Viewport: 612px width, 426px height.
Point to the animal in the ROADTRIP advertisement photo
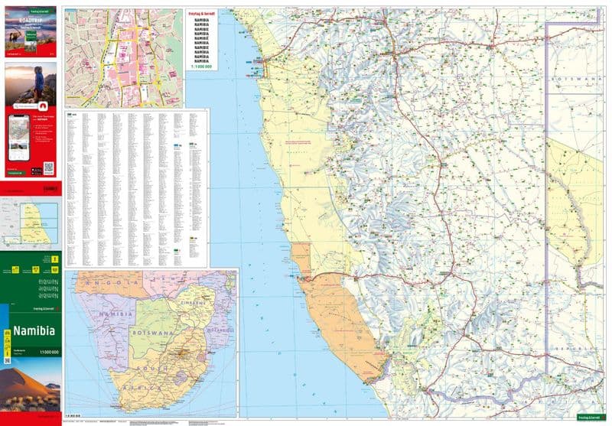click(20, 35)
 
